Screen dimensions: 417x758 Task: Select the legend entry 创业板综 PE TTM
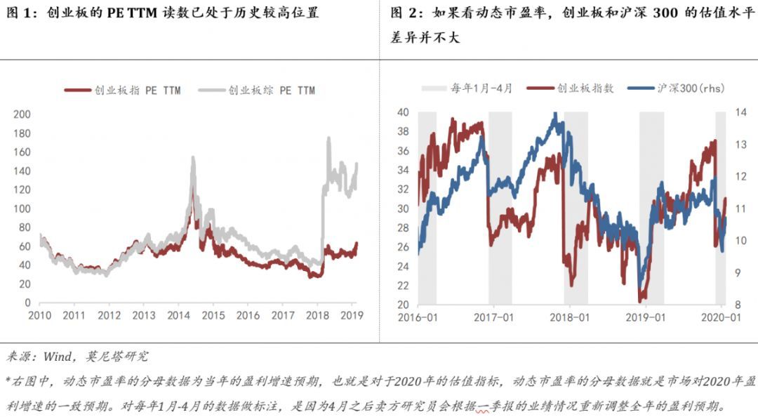click(x=264, y=90)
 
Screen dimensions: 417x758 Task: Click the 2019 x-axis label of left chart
click(x=351, y=315)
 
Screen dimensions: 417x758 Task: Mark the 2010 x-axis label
click(x=40, y=315)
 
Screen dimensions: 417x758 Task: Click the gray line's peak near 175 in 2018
click(x=328, y=138)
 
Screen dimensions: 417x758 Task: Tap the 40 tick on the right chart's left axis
click(x=403, y=112)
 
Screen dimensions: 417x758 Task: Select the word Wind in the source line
click(x=57, y=357)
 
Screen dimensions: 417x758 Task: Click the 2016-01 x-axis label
click(x=418, y=317)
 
